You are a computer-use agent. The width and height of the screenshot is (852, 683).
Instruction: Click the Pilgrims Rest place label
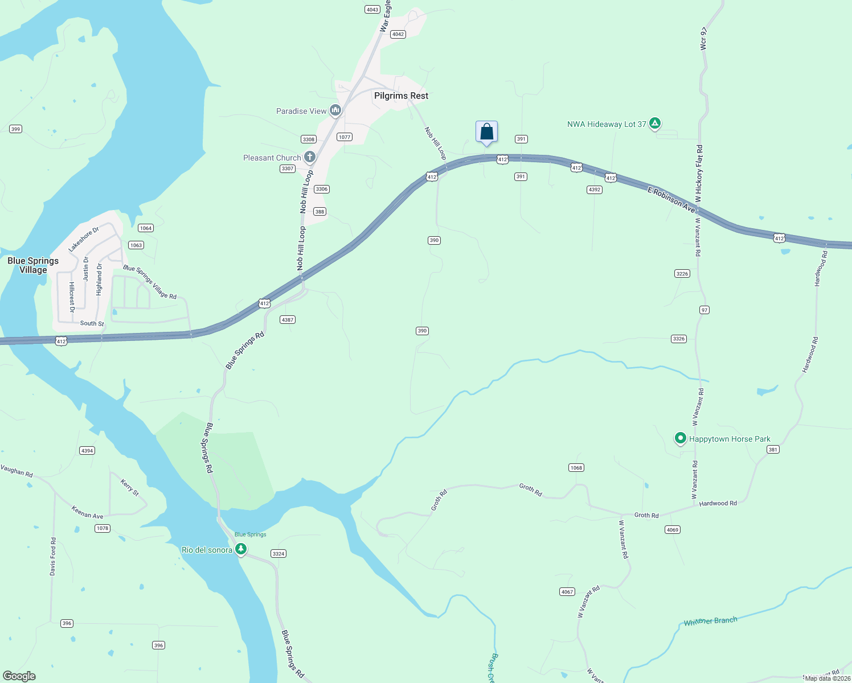pyautogui.click(x=401, y=96)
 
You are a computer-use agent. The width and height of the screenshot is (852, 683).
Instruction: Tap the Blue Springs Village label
pyautogui.click(x=33, y=265)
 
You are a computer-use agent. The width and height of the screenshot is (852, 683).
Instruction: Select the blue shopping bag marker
pyautogui.click(x=486, y=132)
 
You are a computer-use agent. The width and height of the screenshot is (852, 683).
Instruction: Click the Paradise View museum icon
pyautogui.click(x=335, y=110)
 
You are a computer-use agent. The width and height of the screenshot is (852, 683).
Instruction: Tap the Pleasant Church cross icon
pyautogui.click(x=310, y=157)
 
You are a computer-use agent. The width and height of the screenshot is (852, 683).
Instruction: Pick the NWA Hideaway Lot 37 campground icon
pyautogui.click(x=655, y=123)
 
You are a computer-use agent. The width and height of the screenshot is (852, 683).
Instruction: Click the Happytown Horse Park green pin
pyautogui.click(x=680, y=438)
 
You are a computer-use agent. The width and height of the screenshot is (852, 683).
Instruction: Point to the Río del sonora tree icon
pyautogui.click(x=241, y=549)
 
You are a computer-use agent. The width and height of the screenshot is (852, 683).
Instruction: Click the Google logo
pyautogui.click(x=19, y=676)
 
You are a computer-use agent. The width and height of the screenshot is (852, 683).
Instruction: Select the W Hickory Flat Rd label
pyautogui.click(x=699, y=174)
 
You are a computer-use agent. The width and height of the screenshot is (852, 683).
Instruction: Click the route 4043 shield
pyautogui.click(x=372, y=10)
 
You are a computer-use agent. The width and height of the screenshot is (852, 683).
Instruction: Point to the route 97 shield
pyautogui.click(x=704, y=310)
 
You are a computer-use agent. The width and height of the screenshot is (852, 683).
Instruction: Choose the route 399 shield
pyautogui.click(x=15, y=129)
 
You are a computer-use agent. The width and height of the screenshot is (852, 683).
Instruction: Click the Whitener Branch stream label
pyautogui.click(x=710, y=621)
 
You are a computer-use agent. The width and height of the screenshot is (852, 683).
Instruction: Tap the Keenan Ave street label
pyautogui.click(x=87, y=512)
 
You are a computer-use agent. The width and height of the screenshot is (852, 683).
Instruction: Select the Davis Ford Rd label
pyautogui.click(x=53, y=556)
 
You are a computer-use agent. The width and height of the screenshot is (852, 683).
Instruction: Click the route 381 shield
pyautogui.click(x=773, y=450)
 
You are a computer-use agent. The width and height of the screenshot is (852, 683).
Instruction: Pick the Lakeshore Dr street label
pyautogui.click(x=84, y=239)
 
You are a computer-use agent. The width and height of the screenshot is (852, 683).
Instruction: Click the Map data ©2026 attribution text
pyautogui.click(x=828, y=678)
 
